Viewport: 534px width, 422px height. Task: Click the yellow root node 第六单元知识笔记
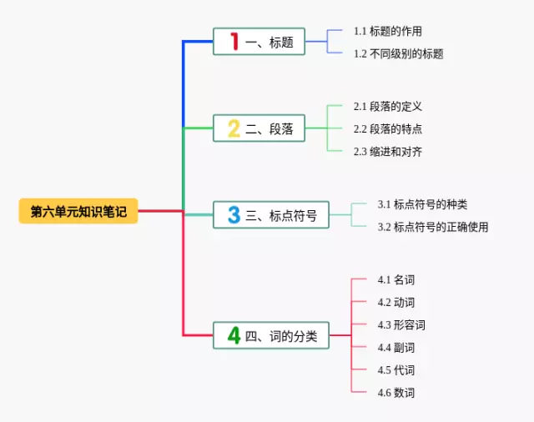[x=78, y=211]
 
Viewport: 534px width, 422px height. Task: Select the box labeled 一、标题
[x=259, y=42]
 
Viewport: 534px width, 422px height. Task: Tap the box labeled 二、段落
[x=259, y=128]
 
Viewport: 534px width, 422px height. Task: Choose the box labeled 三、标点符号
[x=271, y=214]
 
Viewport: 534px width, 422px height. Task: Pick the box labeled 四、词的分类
[x=271, y=335]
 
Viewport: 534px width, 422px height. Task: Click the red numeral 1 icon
[x=234, y=41]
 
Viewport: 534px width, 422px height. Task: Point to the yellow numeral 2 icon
[x=234, y=128]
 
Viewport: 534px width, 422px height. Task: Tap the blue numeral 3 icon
[x=234, y=214]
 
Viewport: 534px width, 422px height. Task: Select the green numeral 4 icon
[x=234, y=335]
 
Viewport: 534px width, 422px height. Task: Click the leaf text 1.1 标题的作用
[x=387, y=32]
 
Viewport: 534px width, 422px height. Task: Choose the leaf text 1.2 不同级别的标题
[x=399, y=53]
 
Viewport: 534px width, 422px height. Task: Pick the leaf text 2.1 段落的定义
[x=387, y=107]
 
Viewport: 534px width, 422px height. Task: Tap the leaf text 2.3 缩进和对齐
[x=387, y=152]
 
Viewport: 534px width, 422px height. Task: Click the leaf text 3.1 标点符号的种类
[x=422, y=204]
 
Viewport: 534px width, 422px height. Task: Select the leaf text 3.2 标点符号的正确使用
[x=433, y=227]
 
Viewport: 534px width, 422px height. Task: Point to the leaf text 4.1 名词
[x=396, y=279]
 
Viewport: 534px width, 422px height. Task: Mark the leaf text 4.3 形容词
[x=401, y=324]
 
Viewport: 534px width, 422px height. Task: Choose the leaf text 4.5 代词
[x=396, y=370]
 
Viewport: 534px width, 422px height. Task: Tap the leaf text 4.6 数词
[x=396, y=392]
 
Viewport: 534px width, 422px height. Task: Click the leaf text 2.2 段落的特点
[x=387, y=129]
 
